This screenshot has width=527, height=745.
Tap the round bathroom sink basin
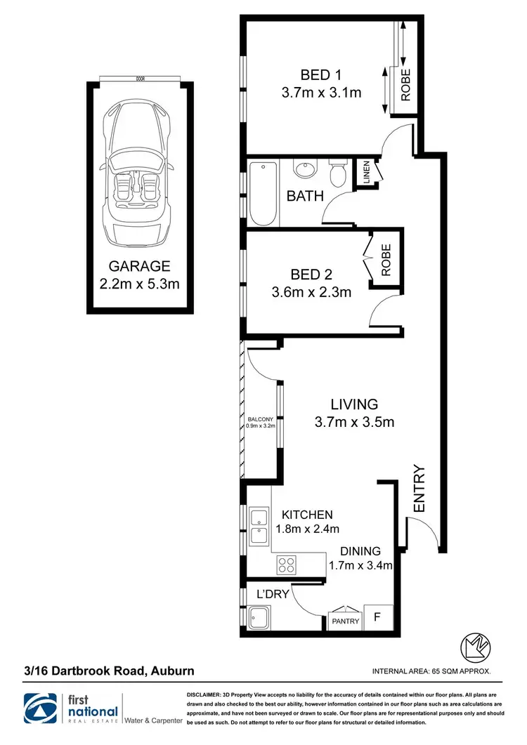coord(306,171)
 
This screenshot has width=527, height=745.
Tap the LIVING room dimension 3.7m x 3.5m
coord(354,422)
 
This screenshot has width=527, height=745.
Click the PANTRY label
coord(345,621)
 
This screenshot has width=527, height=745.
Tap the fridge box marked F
coord(376,619)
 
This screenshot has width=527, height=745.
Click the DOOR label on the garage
coord(140,79)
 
